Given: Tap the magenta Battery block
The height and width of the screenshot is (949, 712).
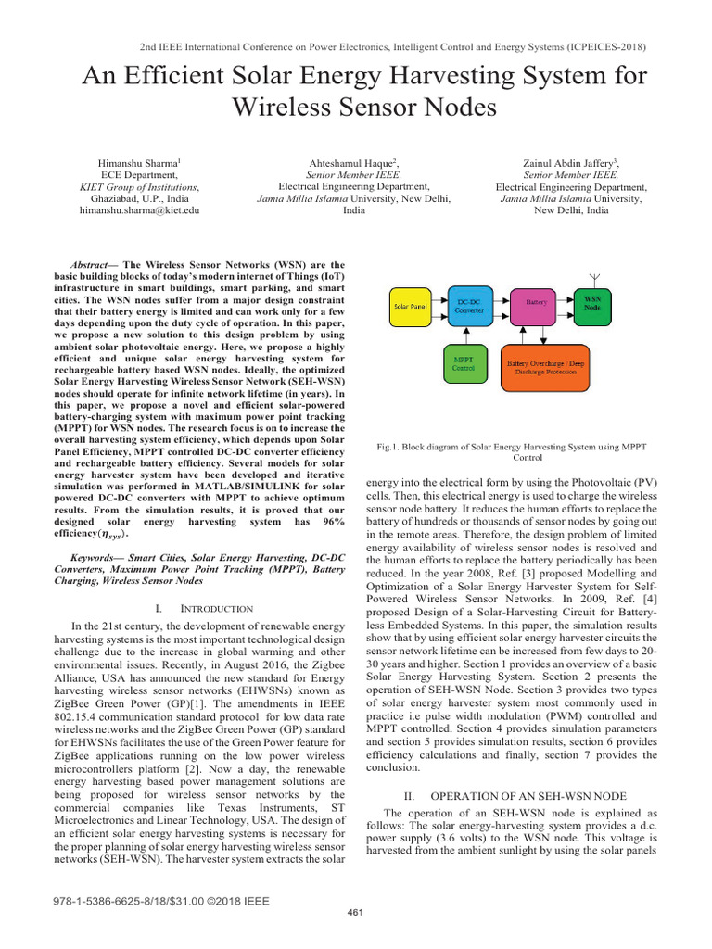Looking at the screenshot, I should [x=535, y=303].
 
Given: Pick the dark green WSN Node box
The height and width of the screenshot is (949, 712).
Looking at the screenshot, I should [x=591, y=304].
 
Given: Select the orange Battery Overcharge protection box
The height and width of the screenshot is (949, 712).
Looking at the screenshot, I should [x=556, y=363].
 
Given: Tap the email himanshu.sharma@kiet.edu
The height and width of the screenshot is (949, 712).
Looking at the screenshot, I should [x=140, y=212].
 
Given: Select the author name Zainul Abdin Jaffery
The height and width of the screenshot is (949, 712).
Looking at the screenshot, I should [x=568, y=162].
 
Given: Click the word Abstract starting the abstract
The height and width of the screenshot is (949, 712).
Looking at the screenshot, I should [x=94, y=263].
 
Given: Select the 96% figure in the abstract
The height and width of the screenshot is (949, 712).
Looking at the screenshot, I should [x=326, y=523].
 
